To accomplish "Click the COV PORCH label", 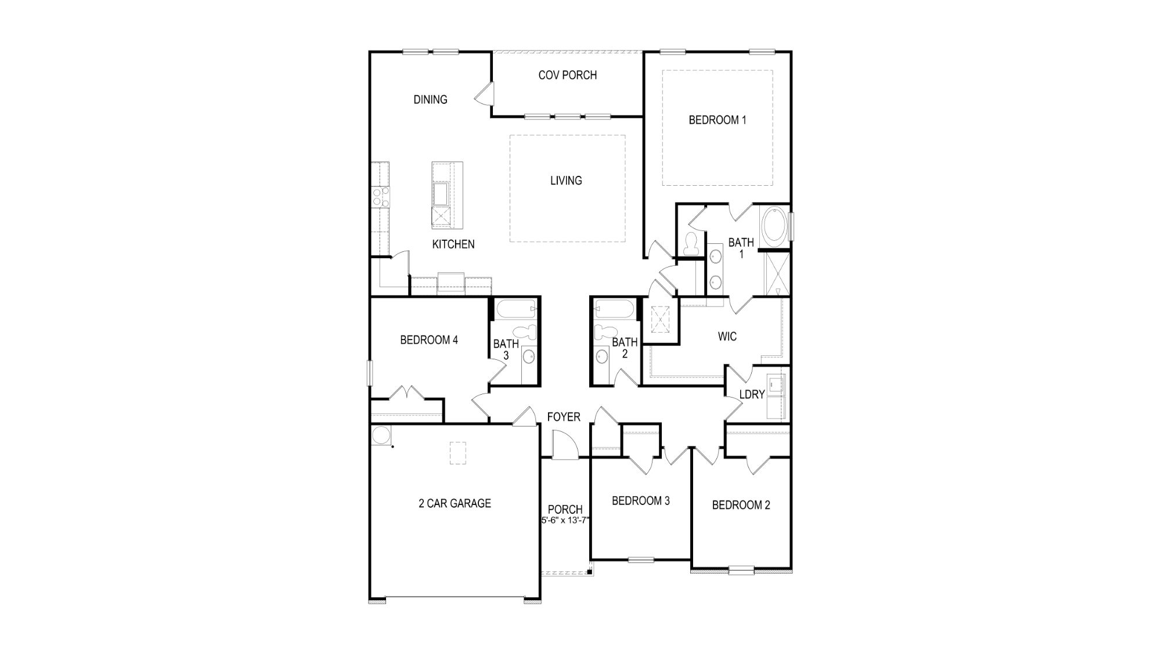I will tap(567, 75).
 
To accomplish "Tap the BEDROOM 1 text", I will tap(717, 120).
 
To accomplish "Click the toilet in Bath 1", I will tap(691, 244).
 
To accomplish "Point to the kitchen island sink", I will tap(441, 194).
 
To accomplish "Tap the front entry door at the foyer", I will tap(564, 446).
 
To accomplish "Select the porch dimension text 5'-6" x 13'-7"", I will tap(565, 521).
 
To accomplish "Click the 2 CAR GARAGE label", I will tap(455, 504).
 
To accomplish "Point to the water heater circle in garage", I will tap(381, 436).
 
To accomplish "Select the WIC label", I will tap(727, 337).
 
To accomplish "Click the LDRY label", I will tap(752, 395).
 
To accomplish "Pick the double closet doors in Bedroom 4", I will tap(408, 393).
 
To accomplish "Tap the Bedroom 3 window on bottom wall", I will tap(641, 560).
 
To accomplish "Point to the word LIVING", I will tap(566, 181).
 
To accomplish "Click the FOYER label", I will tap(563, 417).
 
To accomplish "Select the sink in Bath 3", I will tap(529, 356).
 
